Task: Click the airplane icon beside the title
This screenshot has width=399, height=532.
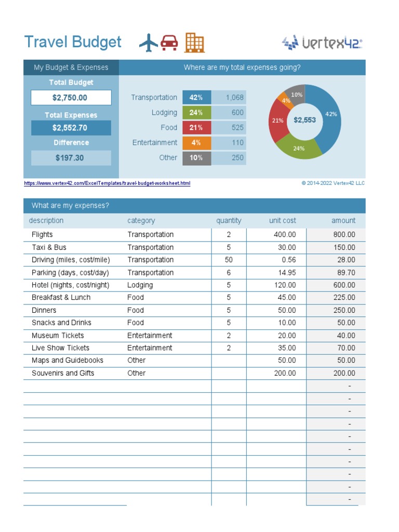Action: pos(149,43)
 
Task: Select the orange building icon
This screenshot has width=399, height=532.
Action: pos(195,43)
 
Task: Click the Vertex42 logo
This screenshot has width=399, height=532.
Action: pos(322,43)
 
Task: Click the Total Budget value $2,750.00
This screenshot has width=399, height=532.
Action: pos(71,98)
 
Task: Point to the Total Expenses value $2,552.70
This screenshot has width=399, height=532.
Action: pos(71,128)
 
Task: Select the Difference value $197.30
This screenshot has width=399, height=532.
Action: pos(71,158)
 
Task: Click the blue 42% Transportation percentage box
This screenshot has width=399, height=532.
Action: pos(196,98)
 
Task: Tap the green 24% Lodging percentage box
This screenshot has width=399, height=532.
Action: pos(196,113)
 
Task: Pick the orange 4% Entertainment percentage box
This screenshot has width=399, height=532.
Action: pos(196,143)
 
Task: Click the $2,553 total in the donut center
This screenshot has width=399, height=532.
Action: pos(304,120)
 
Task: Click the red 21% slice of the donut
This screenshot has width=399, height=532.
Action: pos(277,121)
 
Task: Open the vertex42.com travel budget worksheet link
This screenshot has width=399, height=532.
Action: pos(107,183)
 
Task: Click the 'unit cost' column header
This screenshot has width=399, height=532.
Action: pos(282,221)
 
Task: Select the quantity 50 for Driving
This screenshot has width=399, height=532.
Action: pos(229,260)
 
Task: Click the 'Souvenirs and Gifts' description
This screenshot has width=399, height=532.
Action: pos(63,373)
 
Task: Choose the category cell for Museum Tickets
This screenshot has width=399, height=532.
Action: pos(150,336)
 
